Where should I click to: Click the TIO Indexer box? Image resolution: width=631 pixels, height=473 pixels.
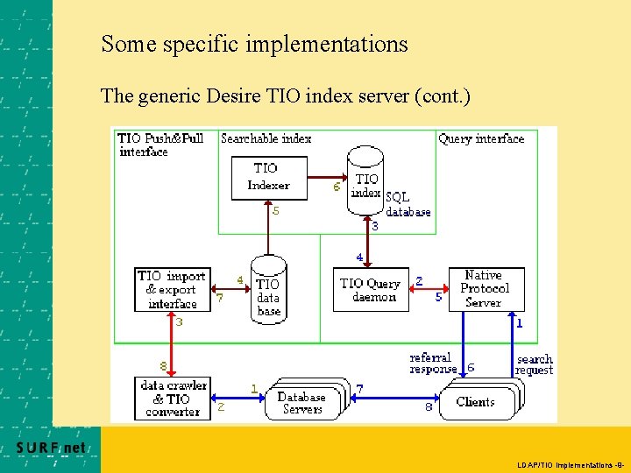[268, 177]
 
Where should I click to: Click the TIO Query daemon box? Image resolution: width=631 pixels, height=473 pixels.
[371, 290]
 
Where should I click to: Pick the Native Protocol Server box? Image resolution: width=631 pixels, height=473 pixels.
[486, 289]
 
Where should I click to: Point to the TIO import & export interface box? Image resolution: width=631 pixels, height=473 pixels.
[173, 290]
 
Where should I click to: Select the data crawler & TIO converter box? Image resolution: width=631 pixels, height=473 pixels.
[173, 398]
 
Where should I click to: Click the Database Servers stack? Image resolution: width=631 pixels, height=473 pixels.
[303, 401]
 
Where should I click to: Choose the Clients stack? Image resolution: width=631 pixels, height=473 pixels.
[478, 401]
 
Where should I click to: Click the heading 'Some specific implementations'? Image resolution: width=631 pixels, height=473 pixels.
[254, 43]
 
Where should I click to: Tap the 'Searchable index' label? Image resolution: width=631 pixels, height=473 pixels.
[266, 138]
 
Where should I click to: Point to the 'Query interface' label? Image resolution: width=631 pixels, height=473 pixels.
[481, 138]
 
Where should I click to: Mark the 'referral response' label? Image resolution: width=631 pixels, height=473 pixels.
[432, 364]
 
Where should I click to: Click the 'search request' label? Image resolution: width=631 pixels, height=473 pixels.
[535, 364]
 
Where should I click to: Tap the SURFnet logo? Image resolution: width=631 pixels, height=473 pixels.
[52, 448]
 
